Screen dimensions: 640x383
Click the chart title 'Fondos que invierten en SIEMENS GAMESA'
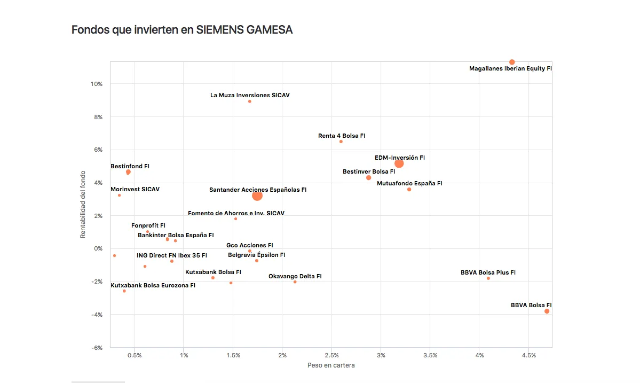tap(182, 30)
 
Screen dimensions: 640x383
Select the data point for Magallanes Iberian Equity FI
tap(512, 62)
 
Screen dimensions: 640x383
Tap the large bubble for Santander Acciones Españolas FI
tap(257, 196)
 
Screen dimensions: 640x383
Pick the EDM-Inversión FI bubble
tap(399, 164)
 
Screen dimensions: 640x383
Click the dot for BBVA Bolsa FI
tap(547, 311)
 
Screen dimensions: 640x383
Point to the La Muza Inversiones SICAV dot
tap(250, 101)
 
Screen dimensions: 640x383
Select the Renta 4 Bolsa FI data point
tap(341, 142)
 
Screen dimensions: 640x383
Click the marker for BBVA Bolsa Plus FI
tap(488, 278)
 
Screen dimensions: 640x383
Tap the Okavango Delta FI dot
tap(295, 282)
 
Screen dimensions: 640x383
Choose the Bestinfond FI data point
tap(128, 173)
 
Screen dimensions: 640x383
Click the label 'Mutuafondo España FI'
tap(409, 183)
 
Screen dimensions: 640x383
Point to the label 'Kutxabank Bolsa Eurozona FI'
tap(153, 285)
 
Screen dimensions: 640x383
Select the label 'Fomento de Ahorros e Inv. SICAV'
tap(236, 213)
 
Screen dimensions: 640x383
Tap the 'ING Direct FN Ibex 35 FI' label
tap(172, 256)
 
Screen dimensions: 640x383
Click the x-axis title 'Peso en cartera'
tap(331, 365)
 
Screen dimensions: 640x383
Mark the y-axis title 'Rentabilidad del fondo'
tap(83, 205)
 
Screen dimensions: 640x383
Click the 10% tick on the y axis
tap(97, 84)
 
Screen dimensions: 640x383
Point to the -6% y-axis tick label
tap(97, 348)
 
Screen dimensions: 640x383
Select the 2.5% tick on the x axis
tap(332, 356)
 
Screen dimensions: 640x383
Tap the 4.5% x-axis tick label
tap(529, 356)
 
